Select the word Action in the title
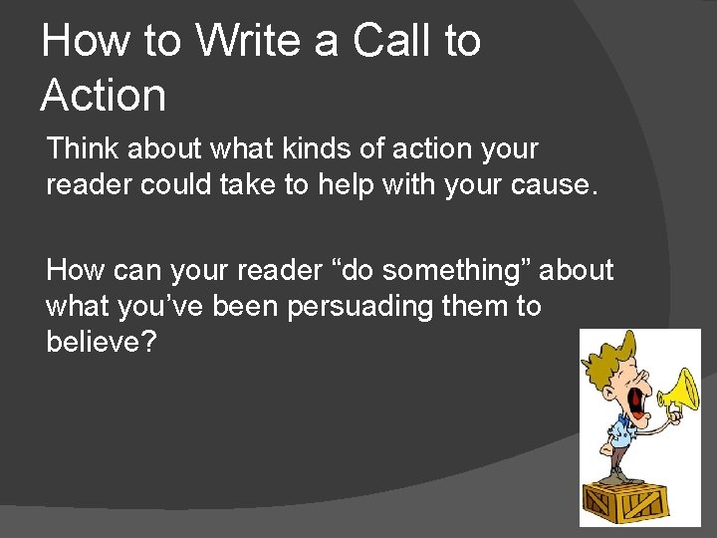[104, 96]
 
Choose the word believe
[98, 342]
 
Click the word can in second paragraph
[139, 270]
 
